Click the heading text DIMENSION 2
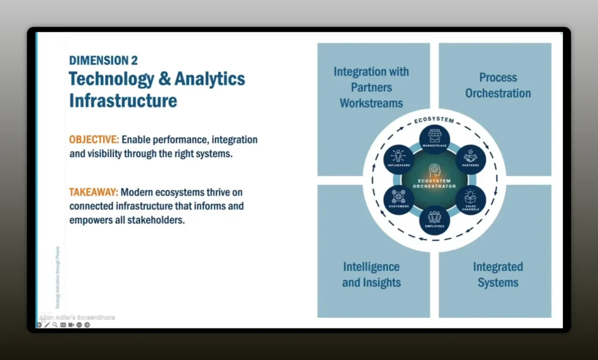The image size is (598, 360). (103, 60)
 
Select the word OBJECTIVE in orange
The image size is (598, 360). (94, 140)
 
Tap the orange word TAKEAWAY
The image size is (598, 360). (93, 192)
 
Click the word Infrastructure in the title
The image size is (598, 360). (123, 101)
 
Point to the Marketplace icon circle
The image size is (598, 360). (434, 138)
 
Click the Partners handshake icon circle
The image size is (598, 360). (470, 158)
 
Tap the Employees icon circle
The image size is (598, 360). (434, 219)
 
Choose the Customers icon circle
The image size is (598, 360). (399, 199)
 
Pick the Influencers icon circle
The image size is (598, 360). (399, 158)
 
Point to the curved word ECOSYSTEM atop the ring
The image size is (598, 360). (434, 120)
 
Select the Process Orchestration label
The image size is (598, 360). (498, 85)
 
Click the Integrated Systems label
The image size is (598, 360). (498, 275)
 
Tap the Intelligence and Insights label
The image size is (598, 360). (371, 275)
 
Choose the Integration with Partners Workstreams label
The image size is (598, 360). (371, 88)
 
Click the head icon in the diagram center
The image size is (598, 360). (434, 171)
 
